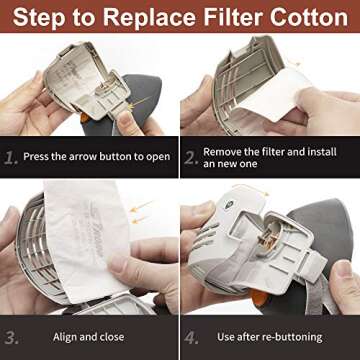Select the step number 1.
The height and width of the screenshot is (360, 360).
tap(10, 157)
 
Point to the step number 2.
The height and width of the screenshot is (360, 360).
tap(191, 158)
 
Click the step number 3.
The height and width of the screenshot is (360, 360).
tap(11, 337)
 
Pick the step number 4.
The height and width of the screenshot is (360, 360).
tap(191, 337)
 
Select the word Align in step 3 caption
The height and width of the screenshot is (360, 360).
tap(64, 337)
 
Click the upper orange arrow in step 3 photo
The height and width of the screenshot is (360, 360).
tap(141, 206)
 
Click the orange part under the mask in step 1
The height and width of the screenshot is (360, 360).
tap(84, 118)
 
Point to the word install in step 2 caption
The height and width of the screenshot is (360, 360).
tap(321, 152)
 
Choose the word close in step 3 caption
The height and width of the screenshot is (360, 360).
tap(112, 337)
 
